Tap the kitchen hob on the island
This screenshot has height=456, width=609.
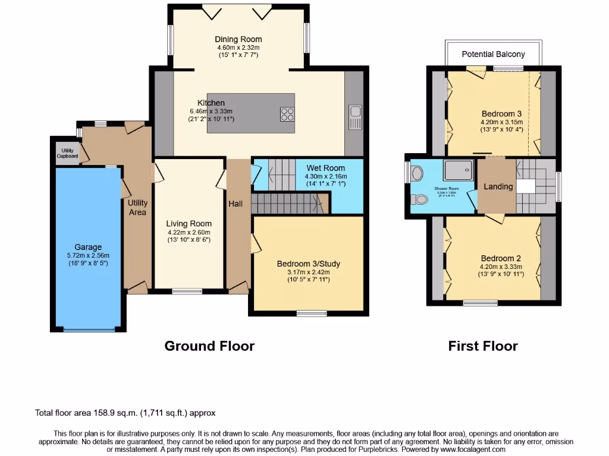[287, 113]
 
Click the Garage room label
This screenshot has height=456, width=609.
[88, 247]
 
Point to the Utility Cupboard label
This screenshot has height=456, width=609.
[67, 153]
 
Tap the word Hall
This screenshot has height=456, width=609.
[236, 204]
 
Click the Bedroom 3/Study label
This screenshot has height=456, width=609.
[308, 264]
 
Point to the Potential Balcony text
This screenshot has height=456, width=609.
[494, 54]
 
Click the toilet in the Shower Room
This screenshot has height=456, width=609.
[421, 200]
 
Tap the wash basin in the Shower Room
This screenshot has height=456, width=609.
[417, 173]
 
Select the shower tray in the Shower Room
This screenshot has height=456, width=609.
[458, 170]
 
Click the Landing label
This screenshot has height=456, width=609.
[498, 186]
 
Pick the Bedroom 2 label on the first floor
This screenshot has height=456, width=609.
[501, 258]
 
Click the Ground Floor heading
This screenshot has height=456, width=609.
[209, 346]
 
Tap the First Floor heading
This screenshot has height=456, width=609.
[483, 346]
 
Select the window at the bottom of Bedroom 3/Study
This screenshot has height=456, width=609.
[312, 312]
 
